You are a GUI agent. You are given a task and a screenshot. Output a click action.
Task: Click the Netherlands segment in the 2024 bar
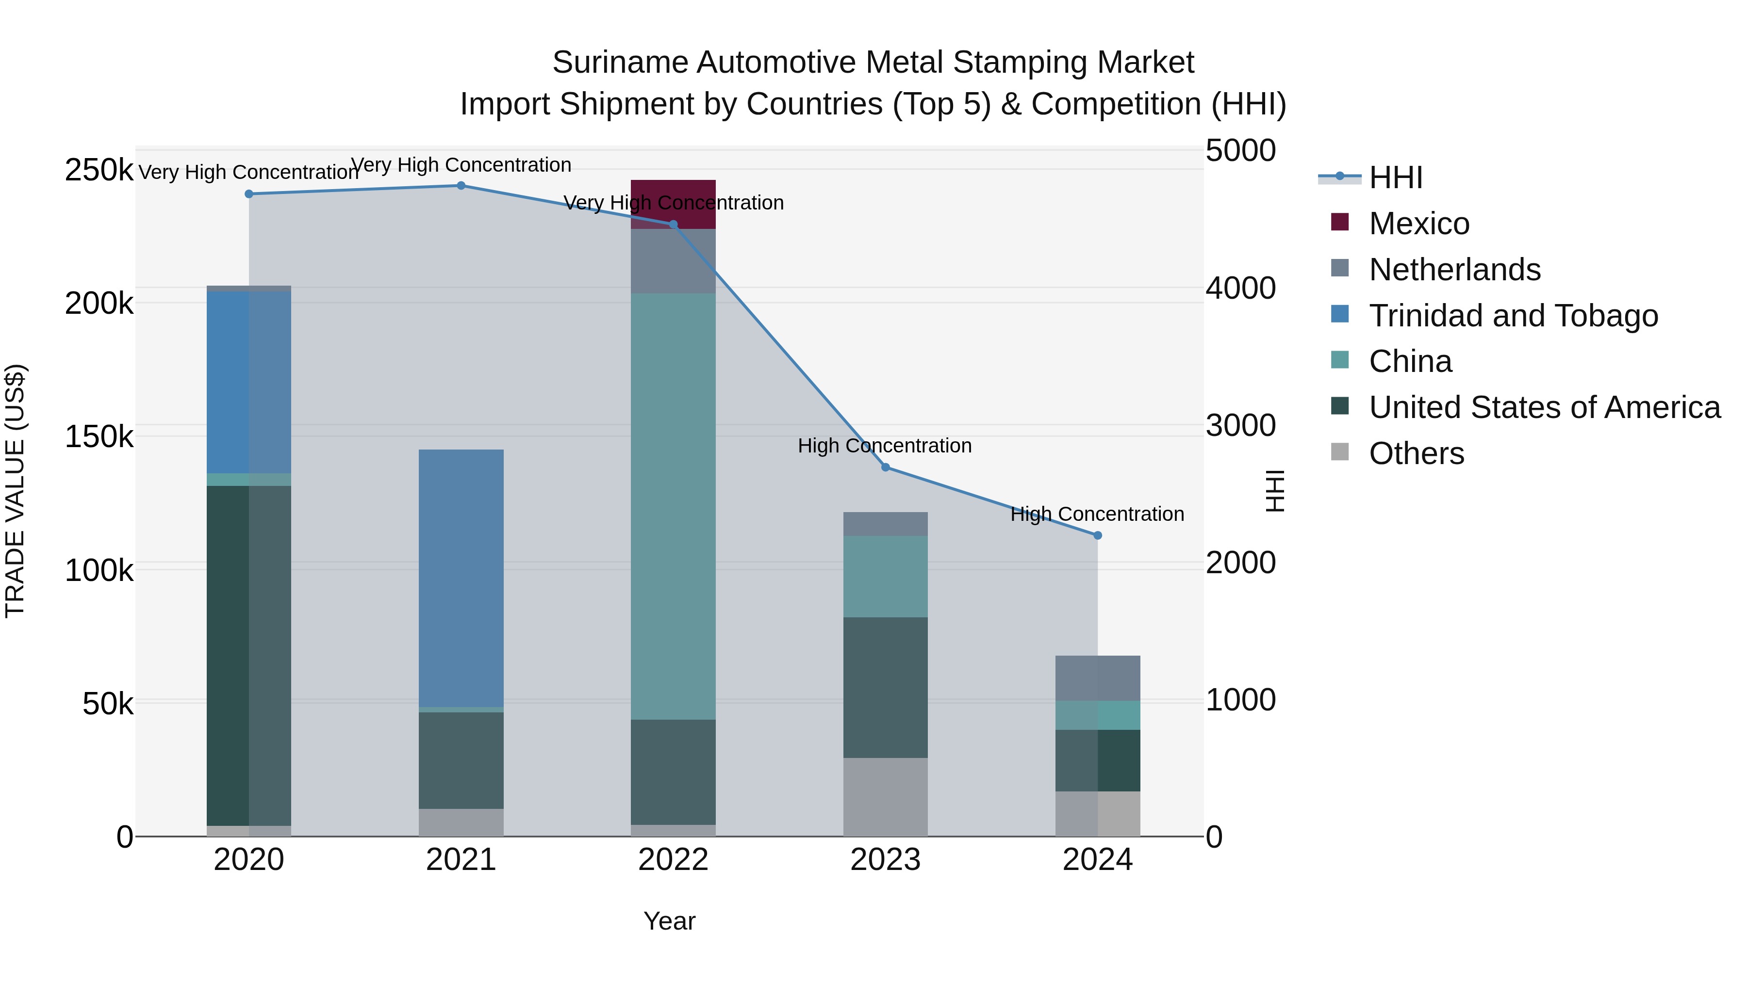1097,678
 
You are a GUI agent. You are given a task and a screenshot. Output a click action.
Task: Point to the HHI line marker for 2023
885,467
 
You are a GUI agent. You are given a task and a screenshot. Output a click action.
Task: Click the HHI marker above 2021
461,185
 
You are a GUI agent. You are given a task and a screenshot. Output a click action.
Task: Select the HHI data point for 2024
1097,535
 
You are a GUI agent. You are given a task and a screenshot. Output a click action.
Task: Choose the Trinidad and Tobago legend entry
1512,315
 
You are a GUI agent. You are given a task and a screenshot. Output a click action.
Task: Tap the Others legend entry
1416,453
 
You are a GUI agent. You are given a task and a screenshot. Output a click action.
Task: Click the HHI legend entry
1395,177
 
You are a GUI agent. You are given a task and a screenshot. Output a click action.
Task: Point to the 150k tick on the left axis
99,436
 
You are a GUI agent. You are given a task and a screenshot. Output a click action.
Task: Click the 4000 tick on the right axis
1240,288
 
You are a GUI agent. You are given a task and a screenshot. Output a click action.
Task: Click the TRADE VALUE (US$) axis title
15,491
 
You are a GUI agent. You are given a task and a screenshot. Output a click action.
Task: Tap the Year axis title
669,921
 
